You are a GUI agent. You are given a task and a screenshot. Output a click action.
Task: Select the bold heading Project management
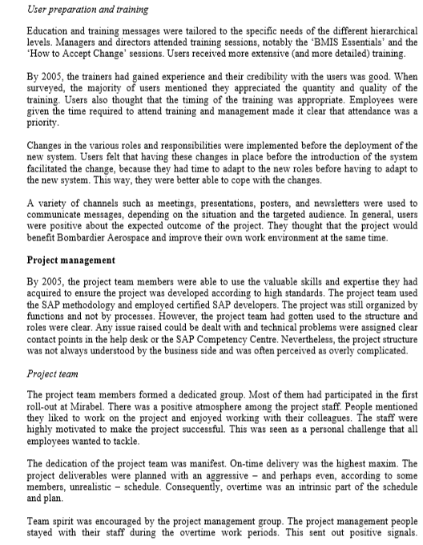click(71, 260)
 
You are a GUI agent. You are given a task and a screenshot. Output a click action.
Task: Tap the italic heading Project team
click(52, 373)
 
